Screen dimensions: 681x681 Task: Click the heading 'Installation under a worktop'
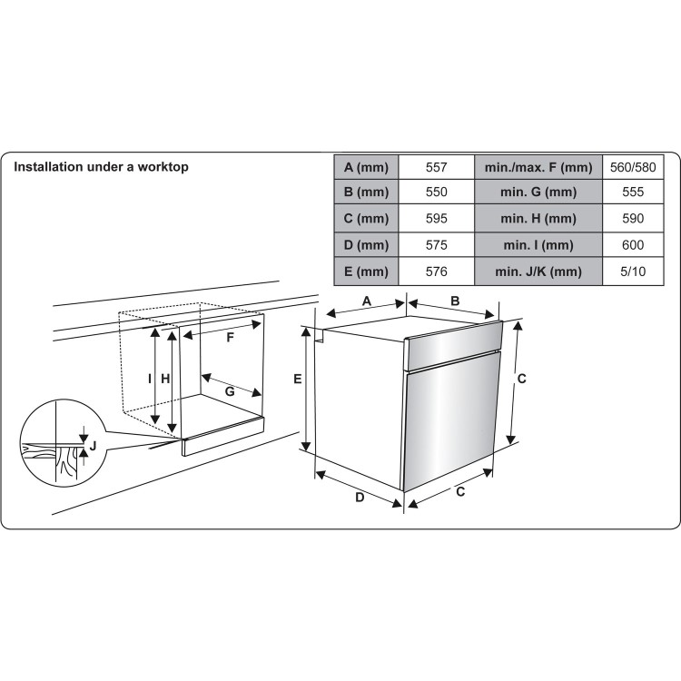[100, 167]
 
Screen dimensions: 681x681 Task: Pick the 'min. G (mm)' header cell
[538, 193]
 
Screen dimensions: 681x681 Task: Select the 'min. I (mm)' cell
[538, 245]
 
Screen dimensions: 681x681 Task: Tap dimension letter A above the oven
[367, 301]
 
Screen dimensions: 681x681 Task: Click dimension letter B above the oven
[456, 301]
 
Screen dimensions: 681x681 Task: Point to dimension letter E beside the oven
[297, 382]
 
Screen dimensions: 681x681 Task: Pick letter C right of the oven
[522, 379]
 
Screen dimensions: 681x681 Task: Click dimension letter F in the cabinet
[231, 338]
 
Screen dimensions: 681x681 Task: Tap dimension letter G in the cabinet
[230, 391]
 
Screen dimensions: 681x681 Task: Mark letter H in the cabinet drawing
[165, 379]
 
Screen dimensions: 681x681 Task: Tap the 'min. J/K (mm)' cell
[538, 271]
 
